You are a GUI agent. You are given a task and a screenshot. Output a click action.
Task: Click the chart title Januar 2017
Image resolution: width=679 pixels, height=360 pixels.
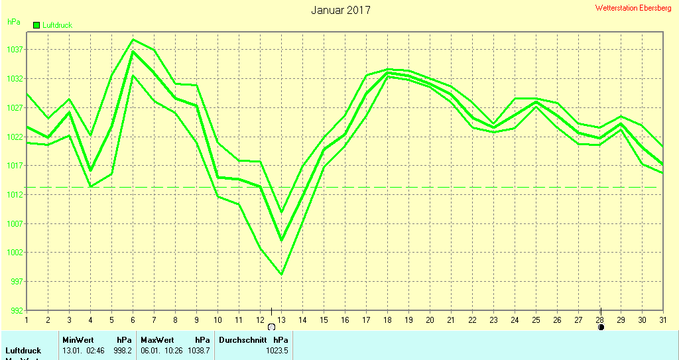pyautogui.click(x=341, y=10)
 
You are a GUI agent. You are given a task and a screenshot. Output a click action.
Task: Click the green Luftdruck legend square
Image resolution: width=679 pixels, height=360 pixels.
pyautogui.click(x=36, y=25)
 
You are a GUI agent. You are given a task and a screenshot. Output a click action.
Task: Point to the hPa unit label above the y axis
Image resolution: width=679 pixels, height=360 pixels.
pyautogui.click(x=13, y=21)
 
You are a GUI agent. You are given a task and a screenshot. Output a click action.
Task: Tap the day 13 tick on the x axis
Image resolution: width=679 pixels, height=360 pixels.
pyautogui.click(x=281, y=320)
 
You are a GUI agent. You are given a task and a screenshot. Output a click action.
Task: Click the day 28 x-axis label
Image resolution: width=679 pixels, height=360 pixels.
pyautogui.click(x=600, y=320)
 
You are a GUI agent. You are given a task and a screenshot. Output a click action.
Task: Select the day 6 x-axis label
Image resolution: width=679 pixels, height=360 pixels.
pyautogui.click(x=133, y=320)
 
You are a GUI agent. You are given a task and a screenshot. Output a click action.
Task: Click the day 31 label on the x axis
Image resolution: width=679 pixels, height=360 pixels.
pyautogui.click(x=662, y=320)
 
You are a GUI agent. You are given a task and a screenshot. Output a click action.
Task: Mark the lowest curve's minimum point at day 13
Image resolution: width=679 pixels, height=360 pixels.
pyautogui.click(x=281, y=274)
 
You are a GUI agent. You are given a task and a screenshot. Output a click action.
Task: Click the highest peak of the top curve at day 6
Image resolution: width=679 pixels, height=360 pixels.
pyautogui.click(x=133, y=40)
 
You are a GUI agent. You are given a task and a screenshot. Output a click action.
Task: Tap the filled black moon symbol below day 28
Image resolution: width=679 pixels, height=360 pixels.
pyautogui.click(x=601, y=327)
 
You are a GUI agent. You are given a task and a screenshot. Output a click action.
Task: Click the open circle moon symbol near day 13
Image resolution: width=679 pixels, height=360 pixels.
pyautogui.click(x=271, y=327)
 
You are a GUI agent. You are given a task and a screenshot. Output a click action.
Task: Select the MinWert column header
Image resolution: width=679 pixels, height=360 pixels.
pyautogui.click(x=78, y=340)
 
